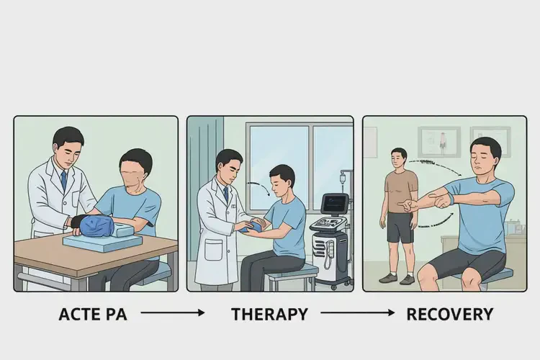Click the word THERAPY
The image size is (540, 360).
270,314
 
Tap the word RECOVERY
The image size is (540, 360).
450,314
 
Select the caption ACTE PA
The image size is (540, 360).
93,314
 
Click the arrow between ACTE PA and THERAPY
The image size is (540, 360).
173,312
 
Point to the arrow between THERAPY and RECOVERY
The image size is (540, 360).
357,312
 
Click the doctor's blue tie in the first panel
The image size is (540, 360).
63,181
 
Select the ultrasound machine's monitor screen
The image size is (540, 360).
334,203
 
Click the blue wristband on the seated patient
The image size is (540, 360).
449,200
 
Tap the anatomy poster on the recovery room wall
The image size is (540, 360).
439,142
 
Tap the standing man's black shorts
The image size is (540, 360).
400,228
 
